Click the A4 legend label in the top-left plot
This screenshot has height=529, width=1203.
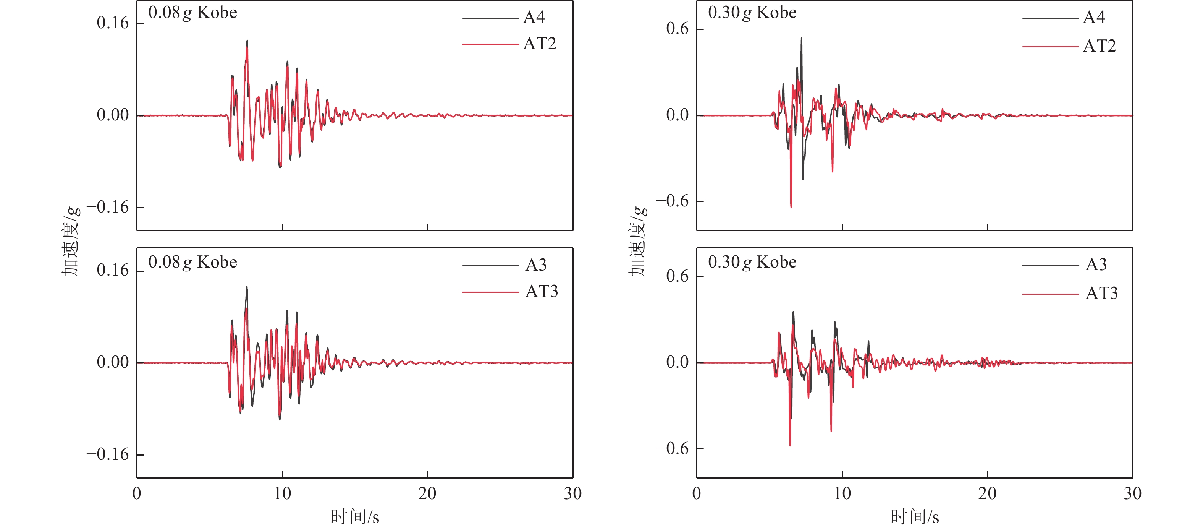coord(534,17)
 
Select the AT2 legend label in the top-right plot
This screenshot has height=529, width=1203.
coord(1100,46)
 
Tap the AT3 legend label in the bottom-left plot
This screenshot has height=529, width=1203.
coord(541,291)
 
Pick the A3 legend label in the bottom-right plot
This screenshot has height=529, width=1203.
coord(1096,264)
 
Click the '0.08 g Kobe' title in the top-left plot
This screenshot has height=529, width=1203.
coord(192,13)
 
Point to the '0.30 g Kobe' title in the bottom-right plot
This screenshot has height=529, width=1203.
coord(752,262)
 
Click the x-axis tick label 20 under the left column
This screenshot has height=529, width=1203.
coord(427,493)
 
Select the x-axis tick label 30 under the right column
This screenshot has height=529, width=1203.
coord(1132,493)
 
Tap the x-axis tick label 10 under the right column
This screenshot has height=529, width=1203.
coord(842,493)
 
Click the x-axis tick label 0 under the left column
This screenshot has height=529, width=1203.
coord(136,493)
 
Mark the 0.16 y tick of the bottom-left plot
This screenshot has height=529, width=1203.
coord(113,270)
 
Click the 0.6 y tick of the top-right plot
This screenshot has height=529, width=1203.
coord(677,29)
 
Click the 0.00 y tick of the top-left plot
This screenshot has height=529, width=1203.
coord(113,115)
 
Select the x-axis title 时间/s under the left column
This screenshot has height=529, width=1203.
coord(354,517)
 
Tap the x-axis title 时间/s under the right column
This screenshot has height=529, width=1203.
coord(914,517)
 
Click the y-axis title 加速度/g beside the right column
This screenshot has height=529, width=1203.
coord(637,241)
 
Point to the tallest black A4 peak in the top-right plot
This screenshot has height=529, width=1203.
coord(801,39)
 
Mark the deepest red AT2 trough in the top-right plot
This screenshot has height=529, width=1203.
coord(791,206)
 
